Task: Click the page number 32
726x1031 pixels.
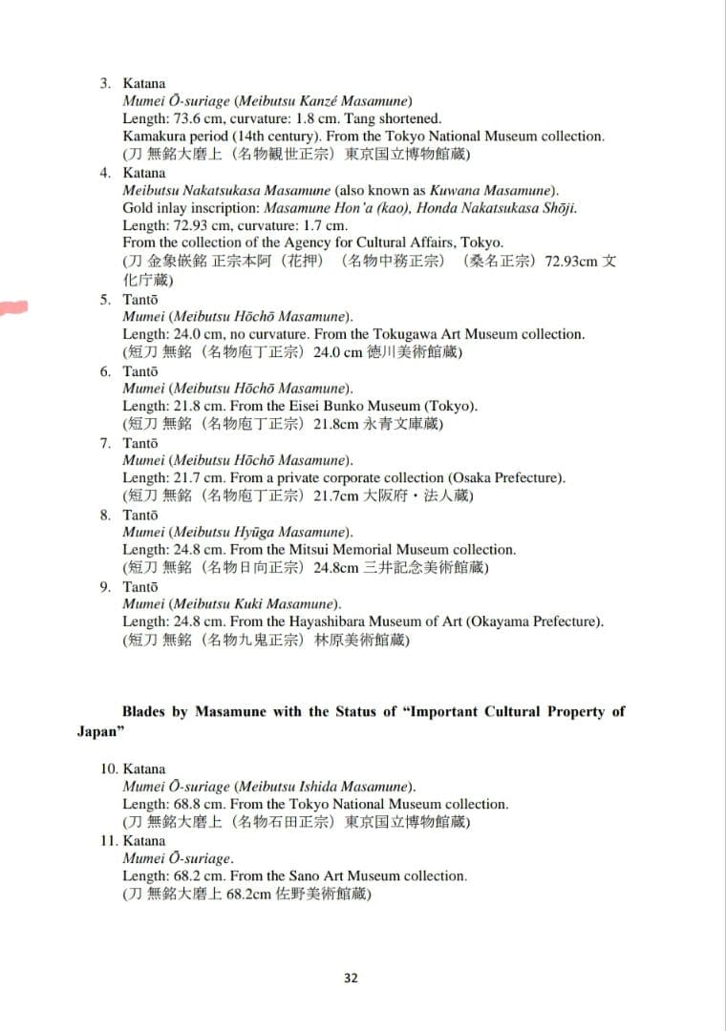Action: tap(351, 978)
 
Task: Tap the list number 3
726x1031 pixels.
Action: tap(105, 83)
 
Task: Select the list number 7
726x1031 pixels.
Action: tap(105, 443)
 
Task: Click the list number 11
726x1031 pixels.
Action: tap(109, 841)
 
